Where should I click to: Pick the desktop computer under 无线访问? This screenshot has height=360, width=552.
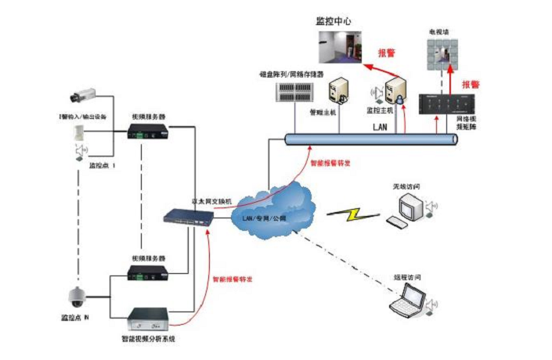pos(409,209)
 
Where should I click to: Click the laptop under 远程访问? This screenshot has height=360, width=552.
pos(410,300)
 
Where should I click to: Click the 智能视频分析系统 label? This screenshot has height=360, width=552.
pos(148,339)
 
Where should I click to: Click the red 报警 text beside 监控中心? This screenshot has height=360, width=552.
pos(386,53)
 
